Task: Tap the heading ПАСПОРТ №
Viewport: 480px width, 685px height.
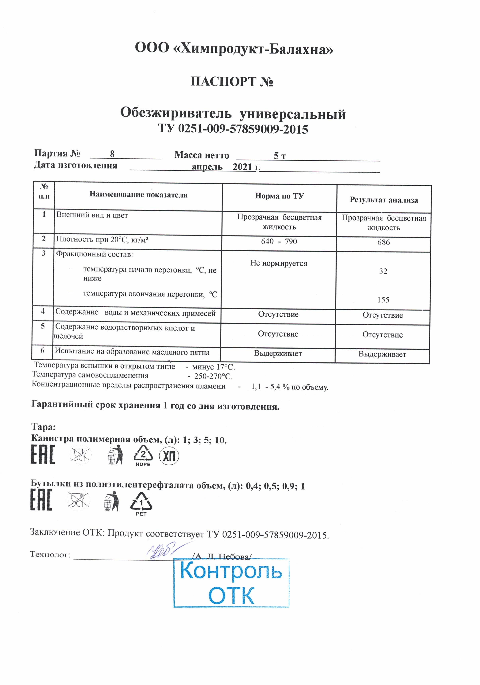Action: pos(232,82)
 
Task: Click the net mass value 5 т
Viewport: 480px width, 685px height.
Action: pos(280,156)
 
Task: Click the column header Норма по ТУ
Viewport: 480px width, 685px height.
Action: pos(279,196)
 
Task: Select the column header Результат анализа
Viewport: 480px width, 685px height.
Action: pos(384,200)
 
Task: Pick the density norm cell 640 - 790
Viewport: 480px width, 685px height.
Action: pos(279,241)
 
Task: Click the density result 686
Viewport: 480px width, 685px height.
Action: pos(383,242)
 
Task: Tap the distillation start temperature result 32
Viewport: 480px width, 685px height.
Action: pos(383,271)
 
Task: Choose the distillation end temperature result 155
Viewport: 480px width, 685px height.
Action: pos(383,300)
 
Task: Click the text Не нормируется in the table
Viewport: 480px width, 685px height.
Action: pos(279,263)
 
